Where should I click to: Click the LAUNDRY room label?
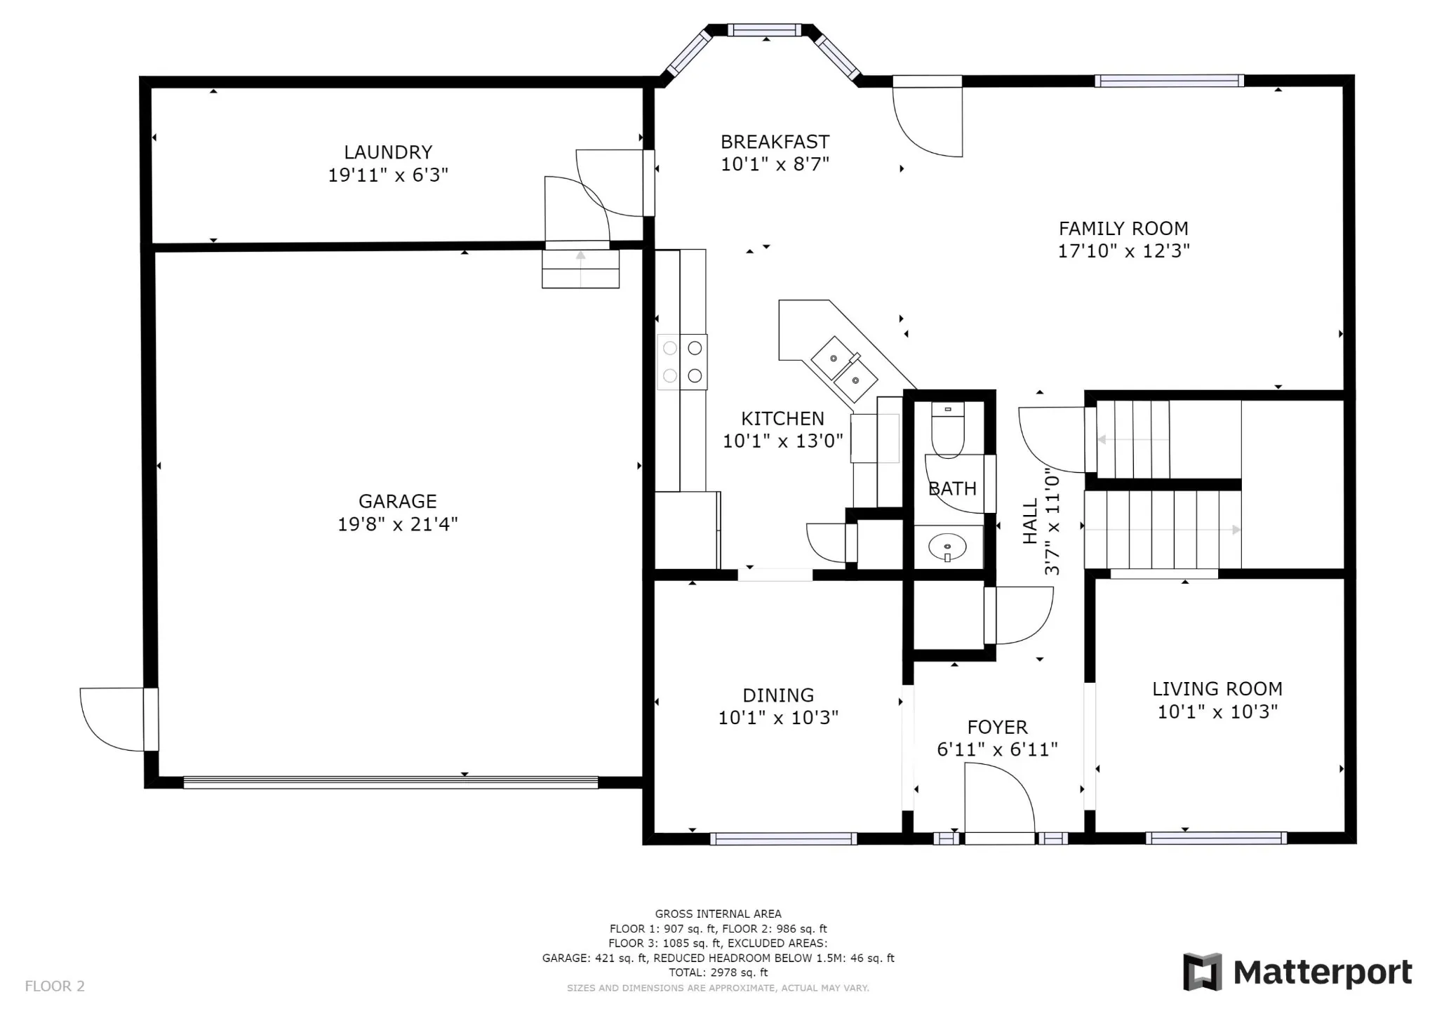tap(388, 152)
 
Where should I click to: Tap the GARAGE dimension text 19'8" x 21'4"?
tap(398, 524)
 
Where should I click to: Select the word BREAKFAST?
tap(775, 142)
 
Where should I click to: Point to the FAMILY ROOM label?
tap(1123, 228)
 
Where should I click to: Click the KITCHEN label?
tap(783, 418)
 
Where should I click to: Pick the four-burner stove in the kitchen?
tap(682, 361)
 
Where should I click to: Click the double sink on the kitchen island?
tap(844, 369)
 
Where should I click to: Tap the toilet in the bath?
tap(948, 429)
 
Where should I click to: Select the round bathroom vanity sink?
tap(947, 546)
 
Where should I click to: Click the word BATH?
tap(952, 488)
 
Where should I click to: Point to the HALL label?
tap(1030, 521)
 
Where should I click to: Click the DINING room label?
tap(778, 695)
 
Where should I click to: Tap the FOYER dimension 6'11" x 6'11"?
tap(997, 749)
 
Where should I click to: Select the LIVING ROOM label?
tap(1217, 689)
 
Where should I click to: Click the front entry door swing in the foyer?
tap(999, 800)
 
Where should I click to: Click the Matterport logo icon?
tap(1202, 971)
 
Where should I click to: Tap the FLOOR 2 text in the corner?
tap(55, 986)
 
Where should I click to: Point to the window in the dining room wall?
tap(783, 838)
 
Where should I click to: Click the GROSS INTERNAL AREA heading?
tap(718, 914)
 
